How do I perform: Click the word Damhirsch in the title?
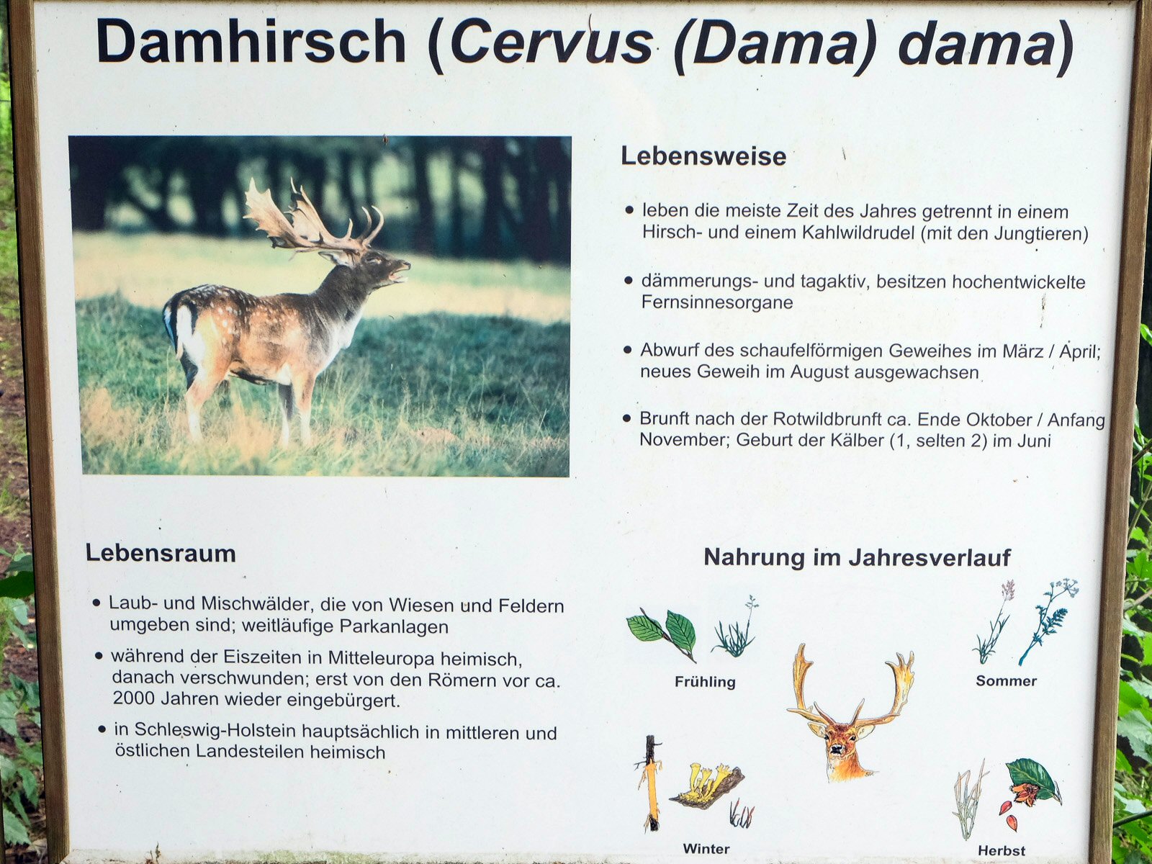[x=251, y=42]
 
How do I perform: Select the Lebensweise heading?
[x=703, y=156]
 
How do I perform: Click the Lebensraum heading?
[x=161, y=554]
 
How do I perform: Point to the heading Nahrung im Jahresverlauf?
[x=857, y=557]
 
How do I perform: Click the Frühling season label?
[x=705, y=682]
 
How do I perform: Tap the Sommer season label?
[x=1006, y=681]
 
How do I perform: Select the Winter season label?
[x=706, y=849]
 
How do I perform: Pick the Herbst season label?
[x=1002, y=850]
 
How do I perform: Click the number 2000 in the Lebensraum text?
[x=135, y=698]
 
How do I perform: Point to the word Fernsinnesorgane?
[x=717, y=302]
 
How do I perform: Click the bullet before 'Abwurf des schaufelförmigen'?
[x=628, y=349]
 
